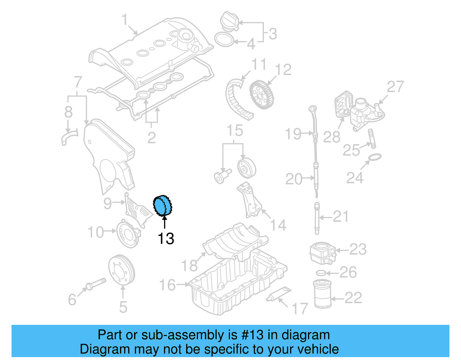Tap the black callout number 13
point(166,239)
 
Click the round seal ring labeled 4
point(224,39)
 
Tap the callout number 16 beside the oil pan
point(167,285)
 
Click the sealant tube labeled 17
point(278,294)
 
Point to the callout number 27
point(395,87)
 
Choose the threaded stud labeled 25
point(372,139)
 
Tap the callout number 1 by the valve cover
point(124,20)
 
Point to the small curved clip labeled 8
point(69,138)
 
